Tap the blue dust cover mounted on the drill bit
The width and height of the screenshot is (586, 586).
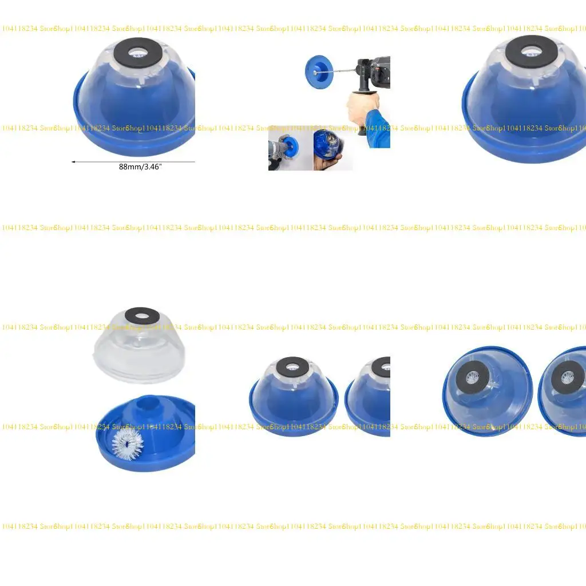tap(315, 70)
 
